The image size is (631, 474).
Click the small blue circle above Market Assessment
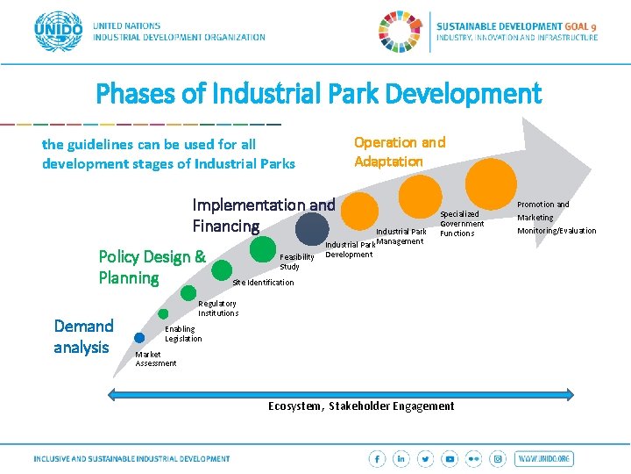pyautogui.click(x=139, y=337)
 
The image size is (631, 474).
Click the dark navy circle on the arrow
pyautogui.click(x=312, y=229)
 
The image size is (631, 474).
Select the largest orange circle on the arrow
pyautogui.click(x=491, y=183)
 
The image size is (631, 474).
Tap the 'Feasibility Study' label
pyautogui.click(x=296, y=262)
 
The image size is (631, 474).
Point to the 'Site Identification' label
pyautogui.click(x=263, y=283)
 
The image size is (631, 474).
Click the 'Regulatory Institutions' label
pyautogui.click(x=217, y=308)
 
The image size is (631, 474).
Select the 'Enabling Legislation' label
pyautogui.click(x=183, y=334)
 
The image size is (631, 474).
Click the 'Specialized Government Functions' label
pyautogui.click(x=461, y=224)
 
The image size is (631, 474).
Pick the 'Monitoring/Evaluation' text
pyautogui.click(x=556, y=231)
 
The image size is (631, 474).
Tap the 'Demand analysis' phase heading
pyautogui.click(x=83, y=336)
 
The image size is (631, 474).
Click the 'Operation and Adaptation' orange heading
pyautogui.click(x=399, y=152)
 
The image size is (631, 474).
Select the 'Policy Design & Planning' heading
pyautogui.click(x=152, y=268)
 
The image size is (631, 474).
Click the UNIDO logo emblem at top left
pyautogui.click(x=58, y=32)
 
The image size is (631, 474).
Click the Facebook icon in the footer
pyautogui.click(x=377, y=459)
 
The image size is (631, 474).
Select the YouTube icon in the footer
pyautogui.click(x=450, y=459)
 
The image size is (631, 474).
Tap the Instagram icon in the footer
pyautogui.click(x=498, y=459)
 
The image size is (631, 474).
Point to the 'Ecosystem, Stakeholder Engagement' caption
pyautogui.click(x=361, y=406)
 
